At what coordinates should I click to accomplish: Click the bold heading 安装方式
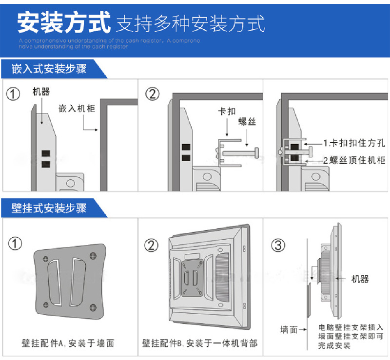[x=63, y=22]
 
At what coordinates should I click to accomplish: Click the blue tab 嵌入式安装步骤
[x=49, y=69]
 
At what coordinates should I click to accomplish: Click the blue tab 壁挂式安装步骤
[x=49, y=208]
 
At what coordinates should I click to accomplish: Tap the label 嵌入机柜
[x=77, y=108]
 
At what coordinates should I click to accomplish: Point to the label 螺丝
[x=248, y=122]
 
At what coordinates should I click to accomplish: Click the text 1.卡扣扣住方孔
[x=354, y=143]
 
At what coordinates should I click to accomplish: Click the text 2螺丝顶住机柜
[x=354, y=160]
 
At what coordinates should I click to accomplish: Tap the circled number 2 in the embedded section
[x=153, y=94]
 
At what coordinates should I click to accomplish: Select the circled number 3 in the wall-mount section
[x=278, y=246]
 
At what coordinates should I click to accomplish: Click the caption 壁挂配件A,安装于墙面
[x=68, y=343]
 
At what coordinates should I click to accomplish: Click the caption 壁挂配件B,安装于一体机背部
[x=200, y=343]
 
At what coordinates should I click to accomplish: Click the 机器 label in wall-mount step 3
[x=360, y=279]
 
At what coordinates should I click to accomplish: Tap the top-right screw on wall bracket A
[x=92, y=255]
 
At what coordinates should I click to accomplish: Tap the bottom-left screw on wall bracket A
[x=45, y=305]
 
